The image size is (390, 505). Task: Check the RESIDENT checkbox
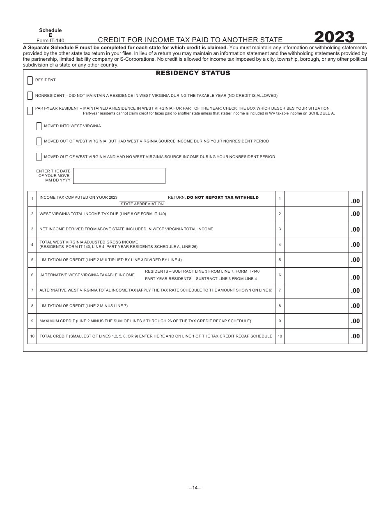pos(30,80)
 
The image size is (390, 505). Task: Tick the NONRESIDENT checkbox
pos(30,96)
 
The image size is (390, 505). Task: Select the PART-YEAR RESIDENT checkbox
pos(30,111)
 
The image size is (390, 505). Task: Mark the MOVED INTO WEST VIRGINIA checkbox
pos(39,126)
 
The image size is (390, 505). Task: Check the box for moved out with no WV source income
pos(39,156)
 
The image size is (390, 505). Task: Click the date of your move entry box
pos(119,176)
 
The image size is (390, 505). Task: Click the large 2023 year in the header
pos(334,37)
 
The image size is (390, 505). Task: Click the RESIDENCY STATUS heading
pos(193,73)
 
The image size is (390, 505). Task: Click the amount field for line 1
pos(316,199)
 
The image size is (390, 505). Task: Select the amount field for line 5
pos(316,260)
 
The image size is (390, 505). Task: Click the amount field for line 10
pos(316,336)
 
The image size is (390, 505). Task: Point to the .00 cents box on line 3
pos(356,230)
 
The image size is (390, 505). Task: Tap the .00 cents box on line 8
pos(356,306)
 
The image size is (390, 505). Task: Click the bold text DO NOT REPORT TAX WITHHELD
pos(223,197)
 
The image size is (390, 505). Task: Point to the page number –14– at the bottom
pos(195,488)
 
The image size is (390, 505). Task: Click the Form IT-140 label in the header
pos(50,40)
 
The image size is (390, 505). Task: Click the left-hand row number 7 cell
pos(32,291)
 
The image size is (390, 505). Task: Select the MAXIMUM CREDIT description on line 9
pos(145,321)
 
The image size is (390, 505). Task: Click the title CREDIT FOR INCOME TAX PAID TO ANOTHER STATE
pos(190,40)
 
